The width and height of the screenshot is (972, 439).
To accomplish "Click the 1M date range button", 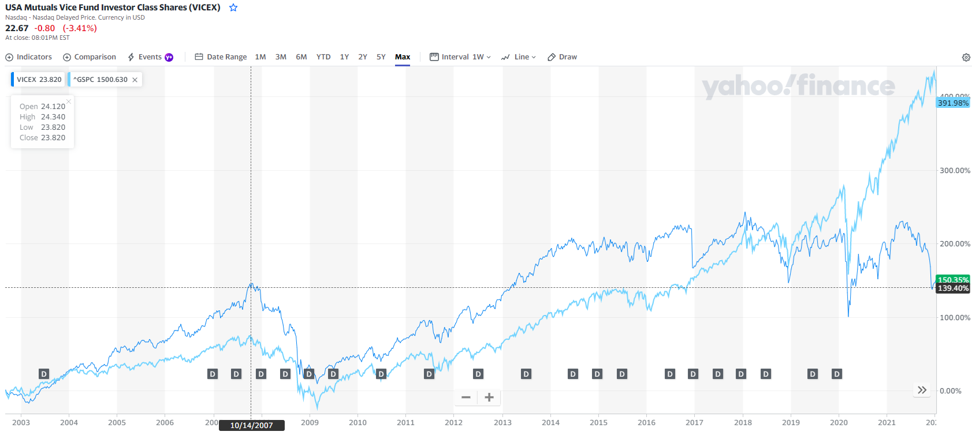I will point(260,57).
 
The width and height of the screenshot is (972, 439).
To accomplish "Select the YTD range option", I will point(323,57).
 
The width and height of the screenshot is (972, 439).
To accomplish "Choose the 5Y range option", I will point(381,57).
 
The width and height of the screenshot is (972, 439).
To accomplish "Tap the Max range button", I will point(403,57).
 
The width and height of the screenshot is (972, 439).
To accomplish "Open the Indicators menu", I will point(29,57).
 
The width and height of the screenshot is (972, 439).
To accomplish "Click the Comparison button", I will point(90,57).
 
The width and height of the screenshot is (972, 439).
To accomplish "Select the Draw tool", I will point(563,57).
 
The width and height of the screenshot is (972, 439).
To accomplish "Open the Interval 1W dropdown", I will point(460,57).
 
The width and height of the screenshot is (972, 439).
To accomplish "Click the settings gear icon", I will point(966,57).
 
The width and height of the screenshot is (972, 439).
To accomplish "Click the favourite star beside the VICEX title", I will point(233,7).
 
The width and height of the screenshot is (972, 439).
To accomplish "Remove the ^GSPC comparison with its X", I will point(135,80).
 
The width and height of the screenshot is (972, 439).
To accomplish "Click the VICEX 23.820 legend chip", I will point(38,80).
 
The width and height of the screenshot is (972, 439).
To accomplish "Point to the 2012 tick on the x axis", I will point(453,422).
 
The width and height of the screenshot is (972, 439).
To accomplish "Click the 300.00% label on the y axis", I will point(955,171).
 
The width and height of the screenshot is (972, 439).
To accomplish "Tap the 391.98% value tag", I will point(953,103).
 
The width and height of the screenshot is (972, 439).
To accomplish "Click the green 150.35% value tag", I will point(953,280).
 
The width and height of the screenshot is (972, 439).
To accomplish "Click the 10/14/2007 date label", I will point(251,426).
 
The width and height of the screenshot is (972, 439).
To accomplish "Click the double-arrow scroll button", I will point(922,390).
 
